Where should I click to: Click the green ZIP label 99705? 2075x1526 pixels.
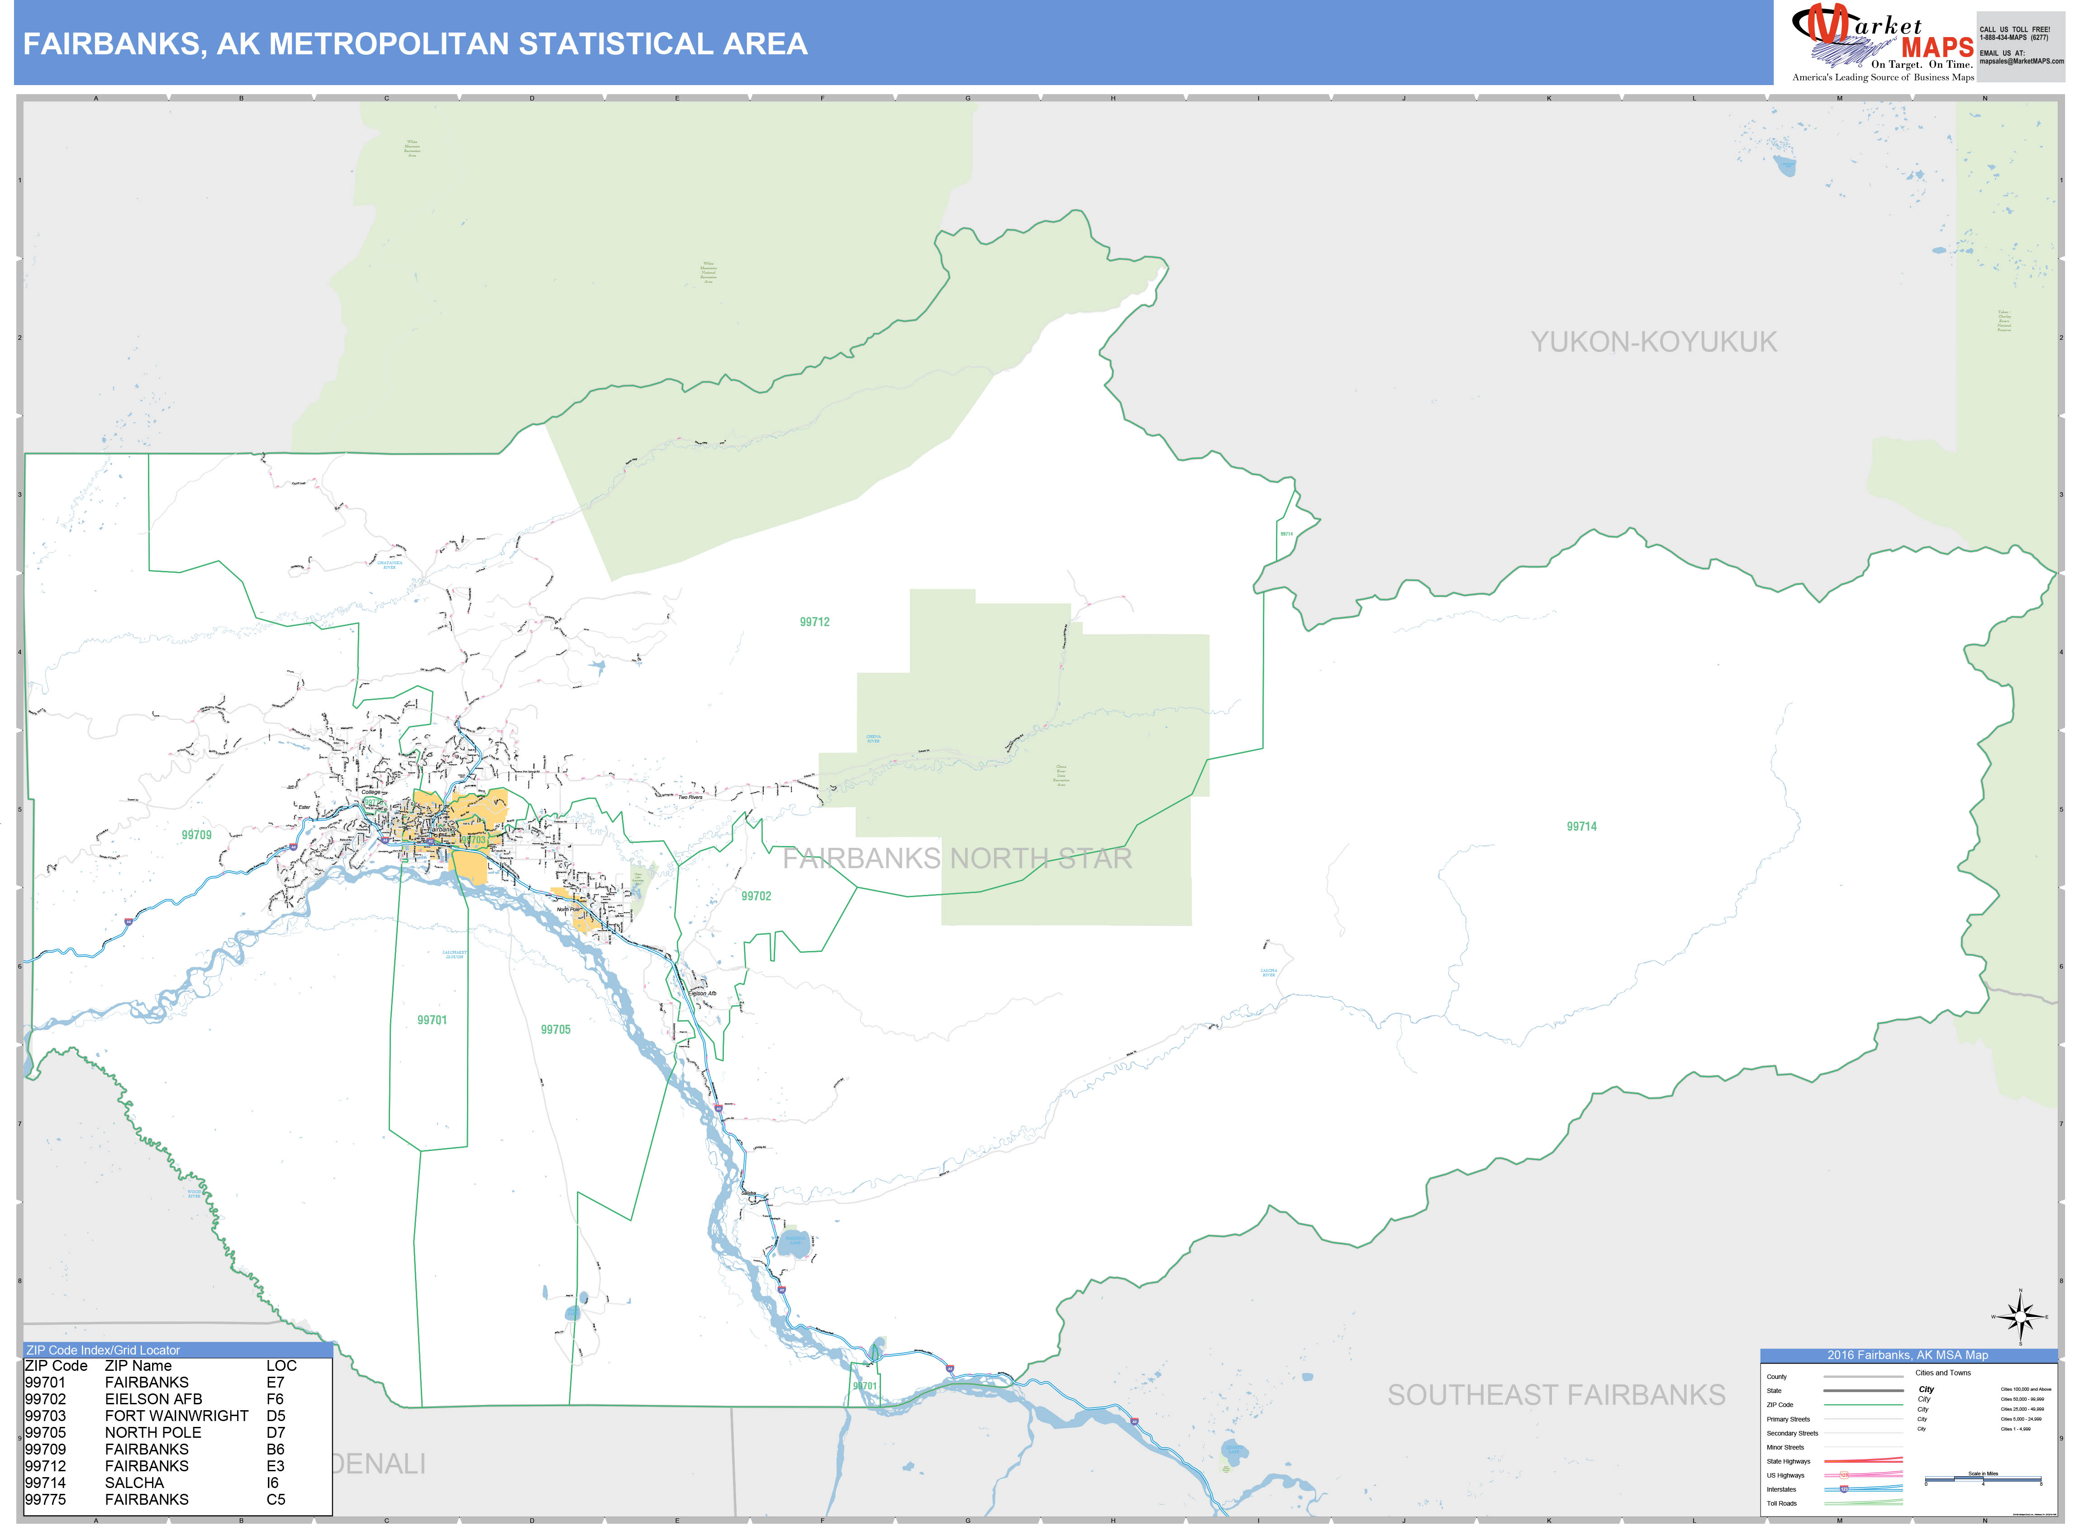(555, 1029)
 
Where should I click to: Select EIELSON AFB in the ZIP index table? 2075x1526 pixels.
(153, 1398)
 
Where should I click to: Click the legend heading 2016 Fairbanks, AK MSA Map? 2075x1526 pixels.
(1908, 1355)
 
